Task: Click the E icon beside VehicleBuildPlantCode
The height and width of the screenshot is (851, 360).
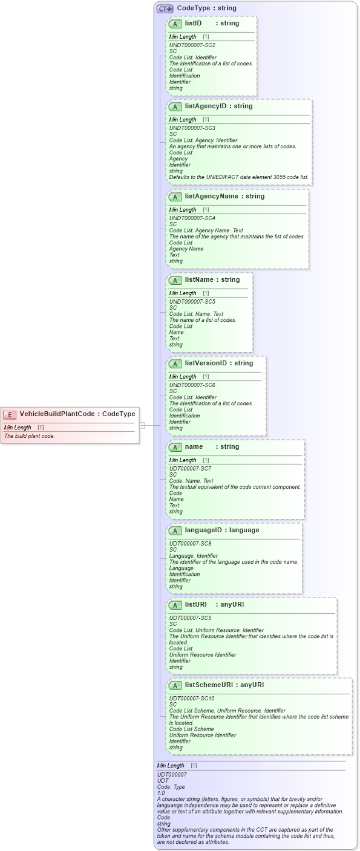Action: point(10,414)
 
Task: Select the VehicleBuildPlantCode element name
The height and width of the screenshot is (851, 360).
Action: point(57,414)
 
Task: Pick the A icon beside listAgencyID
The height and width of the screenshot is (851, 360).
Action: point(175,107)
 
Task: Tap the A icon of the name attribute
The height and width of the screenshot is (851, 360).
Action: point(175,448)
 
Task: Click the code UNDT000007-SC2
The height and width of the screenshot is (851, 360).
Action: point(192,45)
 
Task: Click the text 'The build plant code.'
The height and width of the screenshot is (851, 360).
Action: point(30,436)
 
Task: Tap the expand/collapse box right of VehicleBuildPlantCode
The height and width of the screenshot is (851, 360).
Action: point(142,425)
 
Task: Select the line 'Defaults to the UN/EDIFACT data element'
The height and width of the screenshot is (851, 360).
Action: point(238,177)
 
